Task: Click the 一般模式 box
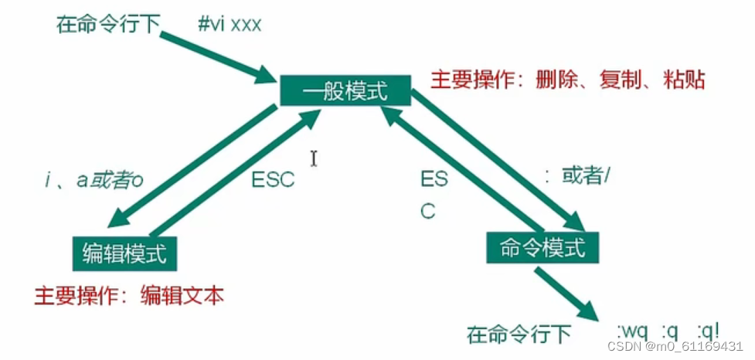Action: click(345, 90)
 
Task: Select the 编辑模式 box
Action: click(124, 253)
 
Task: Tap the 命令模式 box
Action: click(542, 247)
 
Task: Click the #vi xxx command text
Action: click(230, 24)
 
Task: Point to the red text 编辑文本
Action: click(182, 296)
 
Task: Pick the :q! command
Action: click(708, 331)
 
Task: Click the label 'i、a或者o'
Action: click(94, 181)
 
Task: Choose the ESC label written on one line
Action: click(273, 180)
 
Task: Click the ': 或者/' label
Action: click(577, 178)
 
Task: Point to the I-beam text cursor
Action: click(314, 158)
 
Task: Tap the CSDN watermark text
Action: click(675, 346)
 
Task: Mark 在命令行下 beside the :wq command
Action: click(519, 334)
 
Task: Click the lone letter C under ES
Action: click(427, 211)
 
